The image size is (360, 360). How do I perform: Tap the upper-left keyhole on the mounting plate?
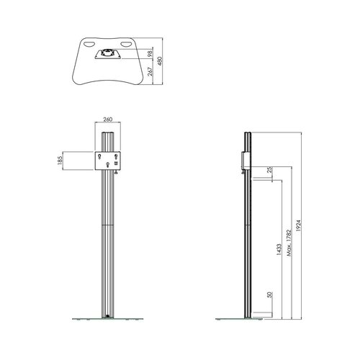coord(100,154)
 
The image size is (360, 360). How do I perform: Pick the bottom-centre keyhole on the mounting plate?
coord(108,166)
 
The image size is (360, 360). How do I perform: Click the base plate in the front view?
coord(108,318)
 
